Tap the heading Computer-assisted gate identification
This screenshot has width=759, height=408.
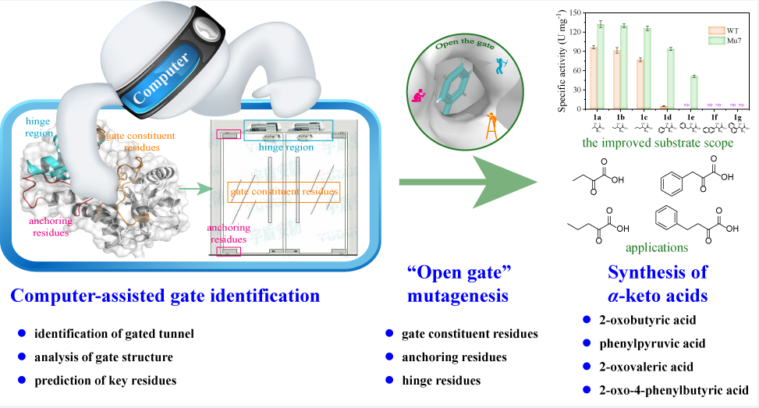[165, 296]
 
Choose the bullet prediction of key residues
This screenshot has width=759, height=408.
[106, 380]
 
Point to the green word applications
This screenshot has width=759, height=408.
[656, 248]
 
